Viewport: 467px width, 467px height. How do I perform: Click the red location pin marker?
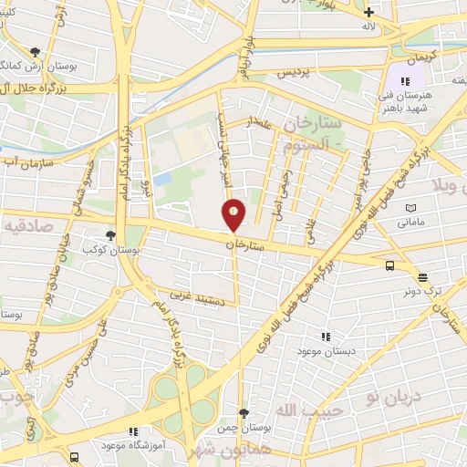[234, 215]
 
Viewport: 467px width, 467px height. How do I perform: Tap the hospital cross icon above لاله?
[368, 13]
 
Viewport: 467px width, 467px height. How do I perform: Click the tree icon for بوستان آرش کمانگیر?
[35, 52]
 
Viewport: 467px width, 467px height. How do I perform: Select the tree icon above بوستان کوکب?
[110, 235]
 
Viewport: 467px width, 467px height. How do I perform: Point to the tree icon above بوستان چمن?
[243, 413]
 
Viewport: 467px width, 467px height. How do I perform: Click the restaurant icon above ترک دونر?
[423, 277]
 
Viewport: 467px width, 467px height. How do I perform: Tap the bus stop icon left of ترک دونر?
[390, 265]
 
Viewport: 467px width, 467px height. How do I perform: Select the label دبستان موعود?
[334, 351]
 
